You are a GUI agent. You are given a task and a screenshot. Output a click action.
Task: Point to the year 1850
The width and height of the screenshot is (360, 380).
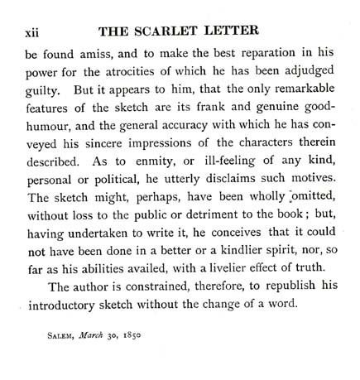coord(146,364)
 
